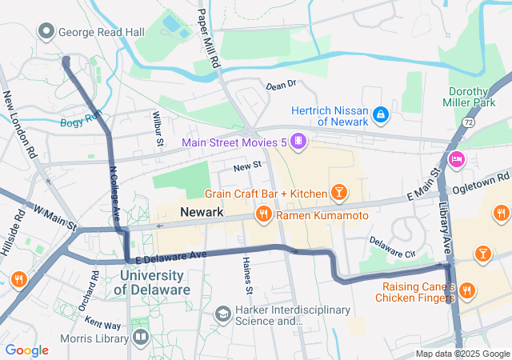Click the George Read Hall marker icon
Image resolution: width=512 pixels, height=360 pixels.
pyautogui.click(x=46, y=32)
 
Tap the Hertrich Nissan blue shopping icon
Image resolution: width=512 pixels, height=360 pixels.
pyautogui.click(x=382, y=115)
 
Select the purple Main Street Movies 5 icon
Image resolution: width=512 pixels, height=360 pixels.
pyautogui.click(x=298, y=142)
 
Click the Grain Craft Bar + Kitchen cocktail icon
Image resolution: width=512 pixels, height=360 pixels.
pyautogui.click(x=340, y=193)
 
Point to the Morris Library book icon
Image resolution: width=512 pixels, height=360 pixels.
pyautogui.click(x=141, y=337)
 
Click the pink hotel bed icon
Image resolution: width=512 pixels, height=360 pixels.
pyautogui.click(x=457, y=158)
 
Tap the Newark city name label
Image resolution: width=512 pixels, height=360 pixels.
pyautogui.click(x=202, y=212)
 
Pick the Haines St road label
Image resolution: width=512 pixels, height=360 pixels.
pyautogui.click(x=248, y=275)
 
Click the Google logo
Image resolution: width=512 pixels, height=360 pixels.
pyautogui.click(x=26, y=350)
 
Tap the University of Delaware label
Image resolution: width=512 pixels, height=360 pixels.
pyautogui.click(x=155, y=282)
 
